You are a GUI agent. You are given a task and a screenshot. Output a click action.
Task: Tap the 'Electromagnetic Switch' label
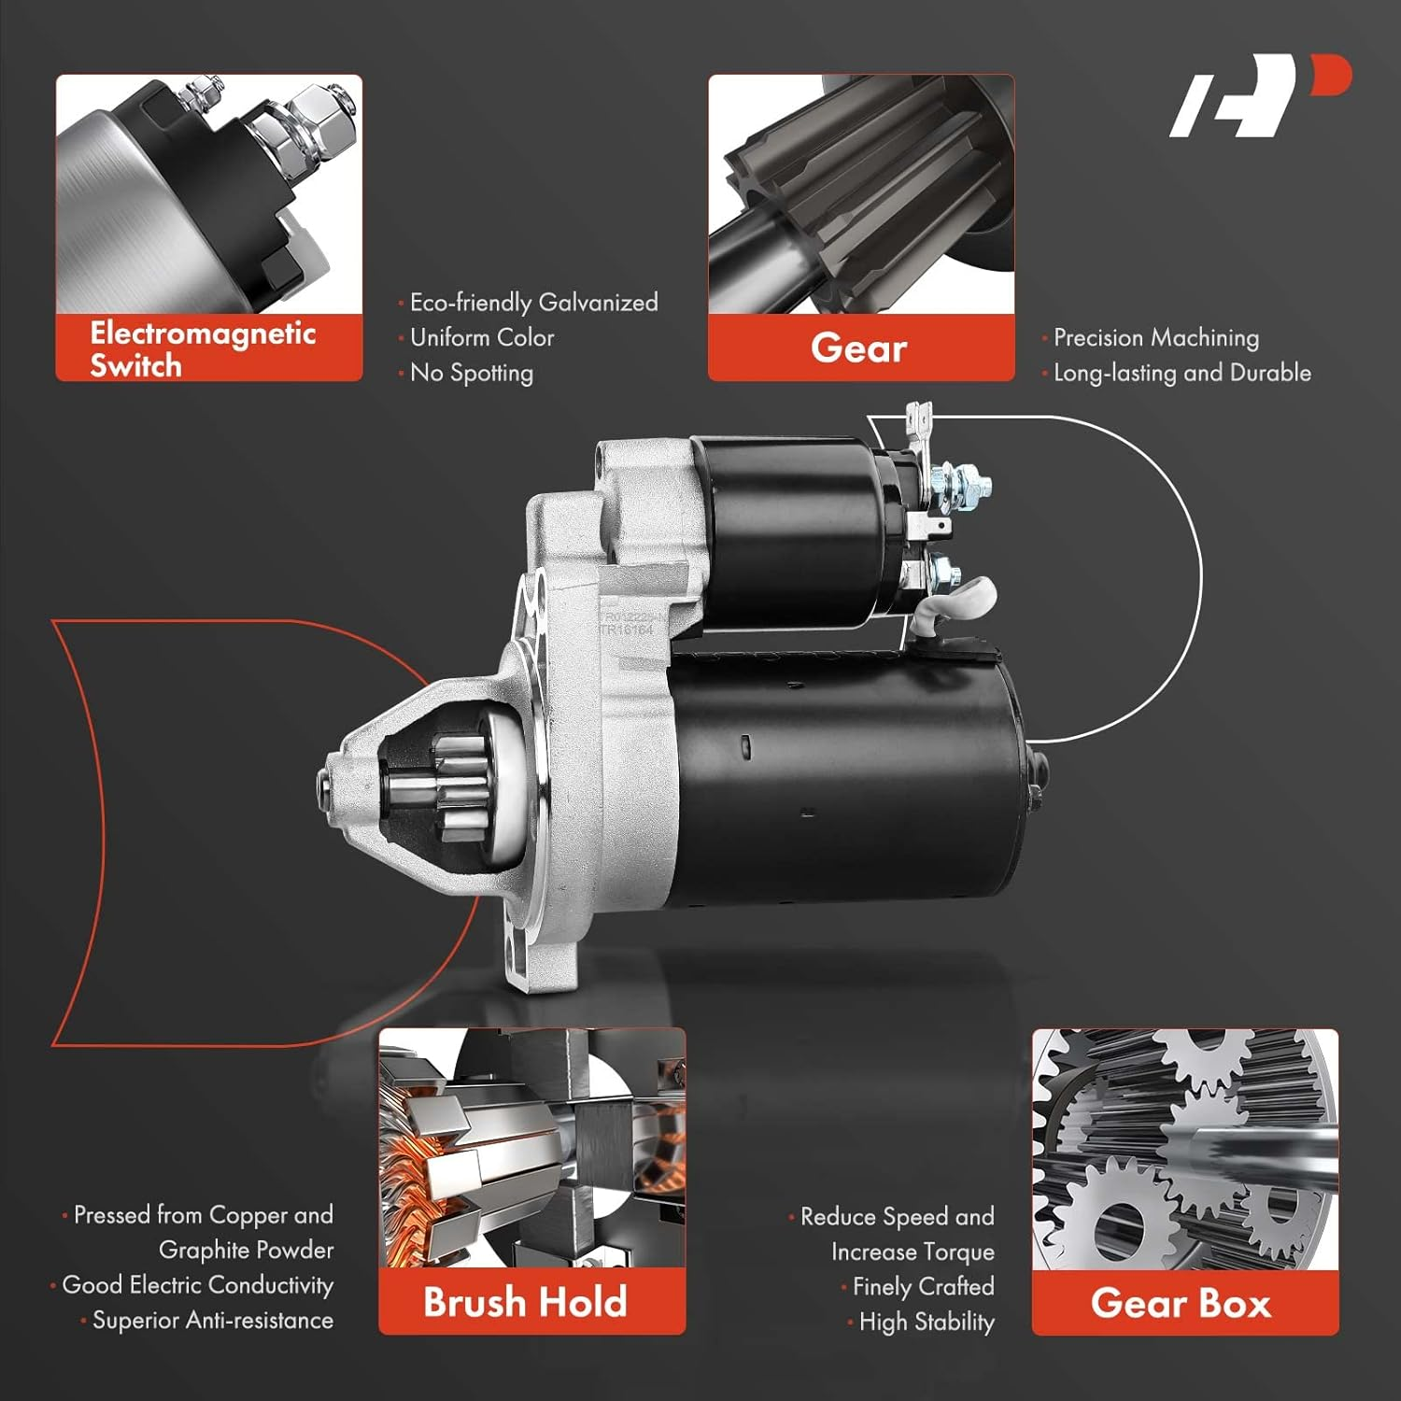point(203,348)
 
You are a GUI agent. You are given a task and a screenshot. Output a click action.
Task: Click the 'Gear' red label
point(859,347)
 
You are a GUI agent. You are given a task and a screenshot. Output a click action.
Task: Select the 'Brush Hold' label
point(525,1301)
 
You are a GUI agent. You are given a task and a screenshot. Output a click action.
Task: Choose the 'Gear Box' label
point(1182,1302)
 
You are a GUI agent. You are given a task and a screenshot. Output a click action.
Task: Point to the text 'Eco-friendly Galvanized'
point(533,303)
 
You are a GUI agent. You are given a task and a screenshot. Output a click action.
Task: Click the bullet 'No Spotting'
point(471,373)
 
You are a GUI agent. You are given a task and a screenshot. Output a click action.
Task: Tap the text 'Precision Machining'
point(1155,337)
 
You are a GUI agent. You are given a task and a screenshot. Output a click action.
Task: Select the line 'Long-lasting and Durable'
point(1182,373)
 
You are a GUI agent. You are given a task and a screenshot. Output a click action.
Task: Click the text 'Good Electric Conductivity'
point(197,1285)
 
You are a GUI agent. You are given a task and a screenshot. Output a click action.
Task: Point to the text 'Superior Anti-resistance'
point(212,1320)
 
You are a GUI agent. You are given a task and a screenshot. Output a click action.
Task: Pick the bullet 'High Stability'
point(926,1322)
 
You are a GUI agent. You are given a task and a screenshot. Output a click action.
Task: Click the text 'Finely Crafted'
point(923,1287)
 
